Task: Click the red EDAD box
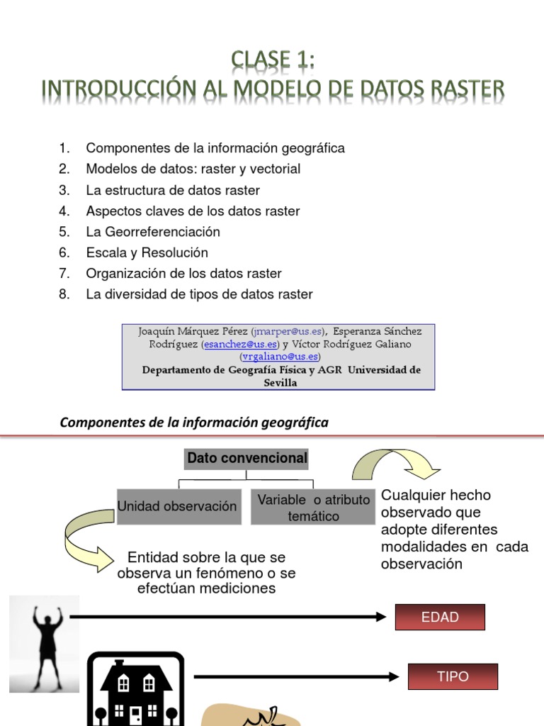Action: click(440, 617)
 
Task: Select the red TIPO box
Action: click(453, 676)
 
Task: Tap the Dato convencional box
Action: click(246, 459)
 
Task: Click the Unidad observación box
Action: click(177, 506)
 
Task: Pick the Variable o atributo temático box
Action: click(313, 508)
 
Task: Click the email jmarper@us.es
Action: click(288, 331)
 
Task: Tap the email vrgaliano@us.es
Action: click(280, 357)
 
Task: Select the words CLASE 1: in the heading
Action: click(273, 60)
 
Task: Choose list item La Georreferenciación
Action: click(153, 232)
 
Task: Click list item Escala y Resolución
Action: click(147, 252)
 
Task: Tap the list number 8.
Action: click(64, 294)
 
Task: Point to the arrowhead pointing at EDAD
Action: click(380, 617)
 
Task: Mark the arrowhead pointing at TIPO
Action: click(394, 676)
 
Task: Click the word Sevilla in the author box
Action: click(280, 383)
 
